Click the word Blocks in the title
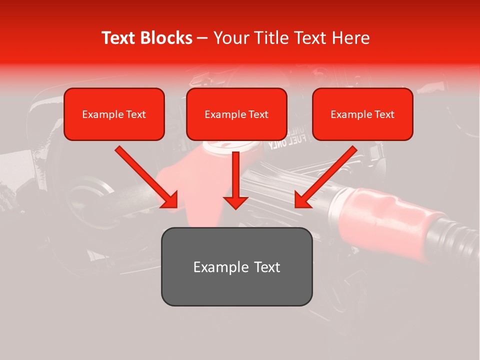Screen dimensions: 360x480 coord(165,38)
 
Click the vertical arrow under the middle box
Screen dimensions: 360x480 coord(235,175)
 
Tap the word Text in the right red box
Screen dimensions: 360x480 coord(384,114)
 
